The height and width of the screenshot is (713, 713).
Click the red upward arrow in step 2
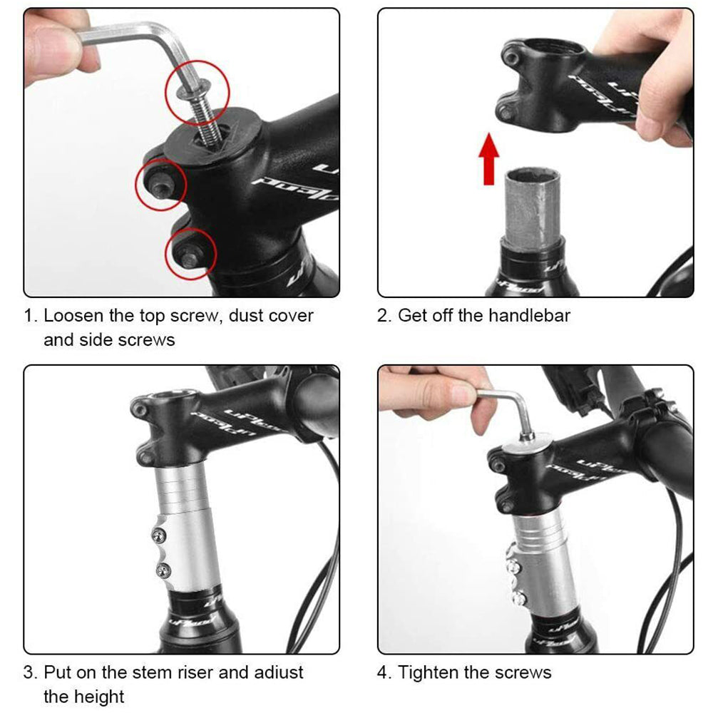(489, 159)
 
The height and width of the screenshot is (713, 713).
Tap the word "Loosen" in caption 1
(73, 316)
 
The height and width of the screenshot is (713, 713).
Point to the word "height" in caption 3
(100, 696)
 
